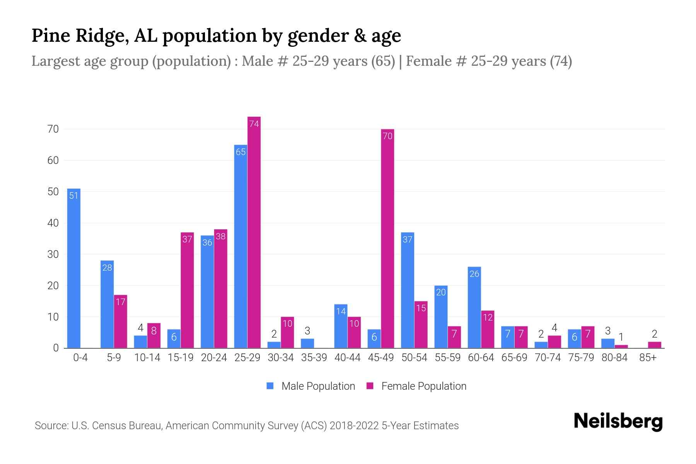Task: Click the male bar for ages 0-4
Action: tap(73, 268)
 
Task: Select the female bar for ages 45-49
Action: tap(387, 239)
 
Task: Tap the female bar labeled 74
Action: tap(254, 232)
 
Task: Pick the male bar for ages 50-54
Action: tap(408, 290)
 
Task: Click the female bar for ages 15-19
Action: tap(187, 290)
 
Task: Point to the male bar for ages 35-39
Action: tap(307, 343)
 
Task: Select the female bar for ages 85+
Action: tap(654, 345)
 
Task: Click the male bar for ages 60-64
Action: tap(474, 307)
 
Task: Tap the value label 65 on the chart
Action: tap(241, 152)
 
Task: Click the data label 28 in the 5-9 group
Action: tap(107, 268)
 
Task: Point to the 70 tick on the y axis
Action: tap(53, 129)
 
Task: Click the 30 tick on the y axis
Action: tap(53, 254)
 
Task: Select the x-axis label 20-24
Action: tap(214, 358)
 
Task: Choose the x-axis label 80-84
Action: tap(614, 358)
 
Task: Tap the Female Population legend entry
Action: tap(416, 386)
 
